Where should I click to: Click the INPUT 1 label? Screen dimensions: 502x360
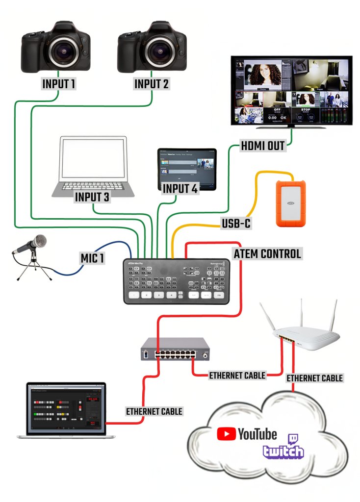coord(59,84)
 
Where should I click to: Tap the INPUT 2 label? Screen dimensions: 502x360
coord(152,84)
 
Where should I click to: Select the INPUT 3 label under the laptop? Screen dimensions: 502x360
coord(92,197)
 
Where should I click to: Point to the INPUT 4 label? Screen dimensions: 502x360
coord(180,188)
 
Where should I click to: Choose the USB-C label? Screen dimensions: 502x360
coord(235,224)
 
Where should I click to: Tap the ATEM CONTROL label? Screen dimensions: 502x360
coord(267,254)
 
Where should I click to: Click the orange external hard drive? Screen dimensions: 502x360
coord(291,203)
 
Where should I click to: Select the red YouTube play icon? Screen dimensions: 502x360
coord(226,434)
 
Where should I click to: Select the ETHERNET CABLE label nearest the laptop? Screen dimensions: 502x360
coord(154,411)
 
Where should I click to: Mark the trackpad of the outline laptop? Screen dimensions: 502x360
coord(93,192)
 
